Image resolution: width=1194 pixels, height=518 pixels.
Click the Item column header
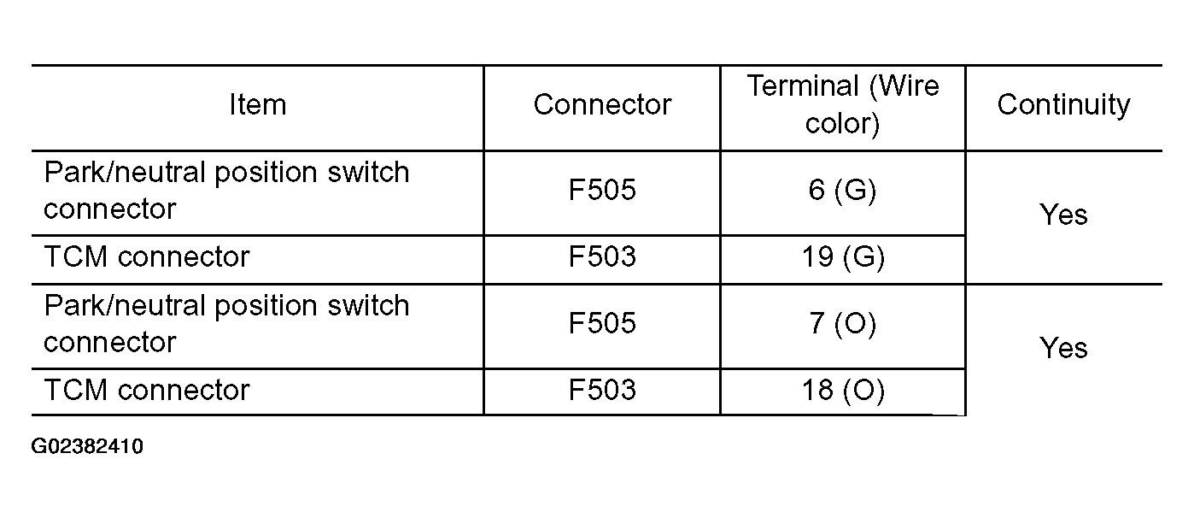258,104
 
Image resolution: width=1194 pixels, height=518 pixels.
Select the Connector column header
602,104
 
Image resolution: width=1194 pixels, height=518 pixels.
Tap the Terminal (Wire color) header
843,104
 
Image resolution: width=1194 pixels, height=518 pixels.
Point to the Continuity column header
1063,105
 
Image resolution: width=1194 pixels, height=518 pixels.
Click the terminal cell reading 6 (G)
843,191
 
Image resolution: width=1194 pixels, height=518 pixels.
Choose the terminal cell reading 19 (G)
843,257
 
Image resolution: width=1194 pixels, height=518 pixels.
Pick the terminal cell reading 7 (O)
843,324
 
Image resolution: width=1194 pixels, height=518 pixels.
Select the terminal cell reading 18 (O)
843,391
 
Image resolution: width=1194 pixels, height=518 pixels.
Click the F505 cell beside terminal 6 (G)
602,190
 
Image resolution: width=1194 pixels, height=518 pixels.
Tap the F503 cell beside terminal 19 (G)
602,256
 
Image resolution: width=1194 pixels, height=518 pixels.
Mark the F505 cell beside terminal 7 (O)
602,323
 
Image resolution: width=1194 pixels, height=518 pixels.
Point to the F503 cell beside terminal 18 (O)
602,390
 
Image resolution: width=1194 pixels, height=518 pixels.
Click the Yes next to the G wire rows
1063,215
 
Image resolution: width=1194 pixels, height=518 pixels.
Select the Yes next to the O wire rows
1063,349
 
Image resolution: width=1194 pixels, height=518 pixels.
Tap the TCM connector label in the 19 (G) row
147,256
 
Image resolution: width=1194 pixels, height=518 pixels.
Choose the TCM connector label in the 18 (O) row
147,390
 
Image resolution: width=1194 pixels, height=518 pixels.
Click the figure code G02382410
87,446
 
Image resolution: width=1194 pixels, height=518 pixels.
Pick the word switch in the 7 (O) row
368,306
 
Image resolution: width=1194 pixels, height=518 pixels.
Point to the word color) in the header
843,124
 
